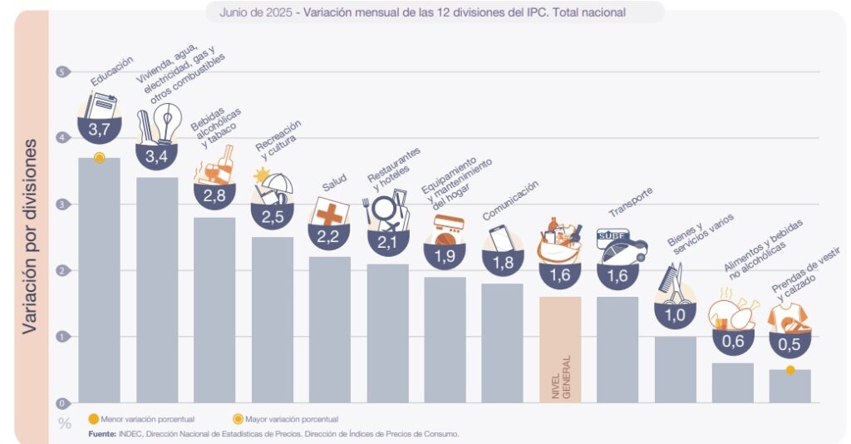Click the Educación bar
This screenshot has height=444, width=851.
point(99,283)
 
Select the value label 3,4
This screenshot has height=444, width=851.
point(156,155)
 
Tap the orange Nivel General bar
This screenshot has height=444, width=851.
point(560,349)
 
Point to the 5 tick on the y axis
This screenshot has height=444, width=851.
point(61,72)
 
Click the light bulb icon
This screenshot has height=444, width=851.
point(169,125)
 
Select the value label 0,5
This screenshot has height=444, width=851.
point(790,343)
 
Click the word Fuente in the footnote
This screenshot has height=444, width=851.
point(102,433)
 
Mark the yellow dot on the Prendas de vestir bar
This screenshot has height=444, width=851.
point(790,370)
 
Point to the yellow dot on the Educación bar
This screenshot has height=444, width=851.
point(99,158)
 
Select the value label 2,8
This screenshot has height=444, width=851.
point(214,195)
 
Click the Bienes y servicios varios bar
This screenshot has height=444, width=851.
point(675,369)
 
